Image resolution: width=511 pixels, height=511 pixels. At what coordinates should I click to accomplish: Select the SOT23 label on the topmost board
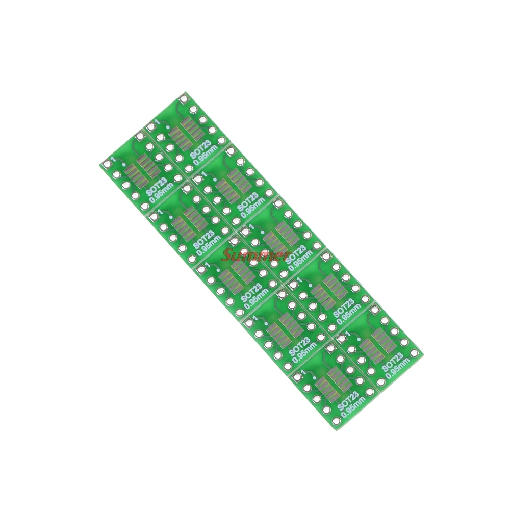tap(198, 146)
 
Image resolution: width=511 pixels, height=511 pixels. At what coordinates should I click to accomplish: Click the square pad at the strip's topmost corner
tap(184, 97)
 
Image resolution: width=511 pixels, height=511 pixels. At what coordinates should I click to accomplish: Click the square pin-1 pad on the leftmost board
tap(106, 164)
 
